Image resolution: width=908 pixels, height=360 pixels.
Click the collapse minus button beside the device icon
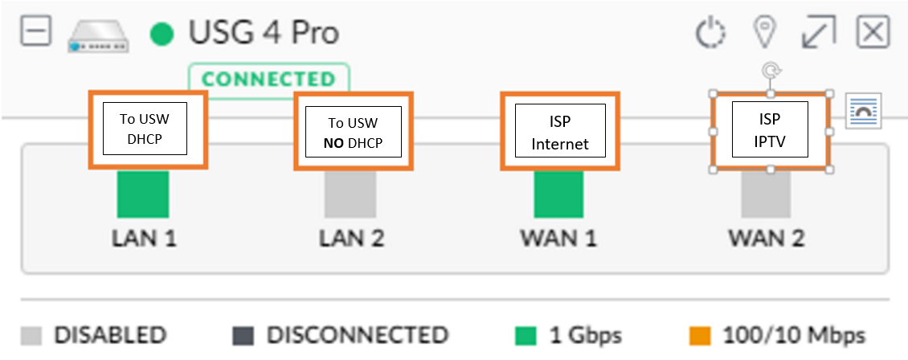(x=36, y=31)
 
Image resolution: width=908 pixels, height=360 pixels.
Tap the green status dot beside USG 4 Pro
(x=162, y=34)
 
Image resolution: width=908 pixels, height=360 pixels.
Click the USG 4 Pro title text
(x=264, y=32)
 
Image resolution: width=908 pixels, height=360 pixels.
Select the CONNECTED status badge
(x=268, y=80)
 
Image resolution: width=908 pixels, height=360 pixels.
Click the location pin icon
(x=764, y=32)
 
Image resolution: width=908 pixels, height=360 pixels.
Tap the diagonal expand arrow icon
(x=818, y=32)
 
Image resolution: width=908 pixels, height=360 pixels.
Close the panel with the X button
(x=873, y=31)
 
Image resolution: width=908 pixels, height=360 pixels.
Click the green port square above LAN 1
(x=143, y=194)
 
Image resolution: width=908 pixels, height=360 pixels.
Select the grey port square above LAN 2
(x=350, y=194)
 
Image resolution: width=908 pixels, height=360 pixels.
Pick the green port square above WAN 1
(x=558, y=194)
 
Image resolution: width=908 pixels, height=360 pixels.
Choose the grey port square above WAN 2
(x=766, y=194)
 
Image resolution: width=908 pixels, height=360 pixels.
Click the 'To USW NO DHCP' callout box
(x=354, y=131)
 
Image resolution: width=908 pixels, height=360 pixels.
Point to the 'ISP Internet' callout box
(x=560, y=131)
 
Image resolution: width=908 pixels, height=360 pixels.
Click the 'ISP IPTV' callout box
(x=770, y=131)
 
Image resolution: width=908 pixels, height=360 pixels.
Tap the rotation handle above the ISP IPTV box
(x=771, y=72)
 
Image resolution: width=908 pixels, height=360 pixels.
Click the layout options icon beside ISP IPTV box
(x=863, y=110)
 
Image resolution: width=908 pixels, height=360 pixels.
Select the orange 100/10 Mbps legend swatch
(x=700, y=336)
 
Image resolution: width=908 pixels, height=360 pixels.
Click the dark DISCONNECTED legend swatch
(x=243, y=336)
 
